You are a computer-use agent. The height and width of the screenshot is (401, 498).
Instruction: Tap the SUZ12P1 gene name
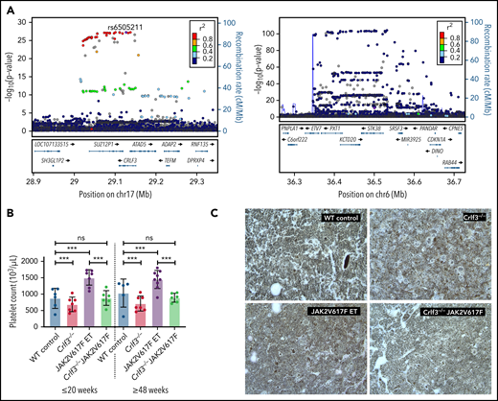click(x=100, y=143)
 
